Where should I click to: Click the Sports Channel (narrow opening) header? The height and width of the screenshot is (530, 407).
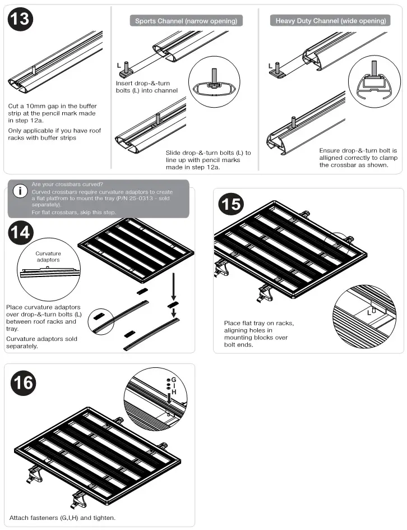point(186,21)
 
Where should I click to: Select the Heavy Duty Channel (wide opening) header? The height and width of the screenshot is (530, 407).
point(331,21)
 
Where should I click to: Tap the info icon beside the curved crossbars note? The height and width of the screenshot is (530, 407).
point(20,191)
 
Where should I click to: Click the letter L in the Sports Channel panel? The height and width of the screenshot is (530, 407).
point(119,66)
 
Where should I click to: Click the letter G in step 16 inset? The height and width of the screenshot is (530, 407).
point(174,380)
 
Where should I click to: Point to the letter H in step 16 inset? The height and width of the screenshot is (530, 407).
point(174,393)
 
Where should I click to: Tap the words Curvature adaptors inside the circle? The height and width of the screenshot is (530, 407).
point(48,257)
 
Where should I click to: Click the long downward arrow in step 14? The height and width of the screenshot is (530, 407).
point(174,286)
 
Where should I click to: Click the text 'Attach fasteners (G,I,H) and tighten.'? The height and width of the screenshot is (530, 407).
point(62,517)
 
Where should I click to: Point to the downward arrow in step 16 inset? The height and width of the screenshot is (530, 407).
point(169,398)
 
